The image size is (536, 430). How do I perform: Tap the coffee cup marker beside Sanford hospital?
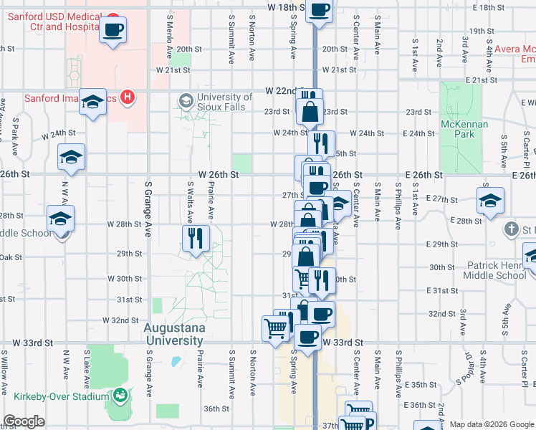tap(113, 31)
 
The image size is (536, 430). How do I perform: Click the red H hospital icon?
tap(127, 97)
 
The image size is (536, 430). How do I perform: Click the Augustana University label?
tap(175, 334)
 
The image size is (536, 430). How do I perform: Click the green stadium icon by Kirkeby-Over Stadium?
tap(120, 396)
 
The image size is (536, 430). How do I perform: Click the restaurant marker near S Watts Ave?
tap(196, 238)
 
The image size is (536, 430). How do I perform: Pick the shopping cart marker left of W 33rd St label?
tap(276, 329)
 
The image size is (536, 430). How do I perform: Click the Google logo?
tap(24, 421)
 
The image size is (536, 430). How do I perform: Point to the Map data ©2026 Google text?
tap(491, 424)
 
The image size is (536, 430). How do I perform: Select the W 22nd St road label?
tap(281, 91)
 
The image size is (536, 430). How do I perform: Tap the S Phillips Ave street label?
tap(398, 205)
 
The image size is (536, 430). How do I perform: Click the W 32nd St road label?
tap(120, 320)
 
